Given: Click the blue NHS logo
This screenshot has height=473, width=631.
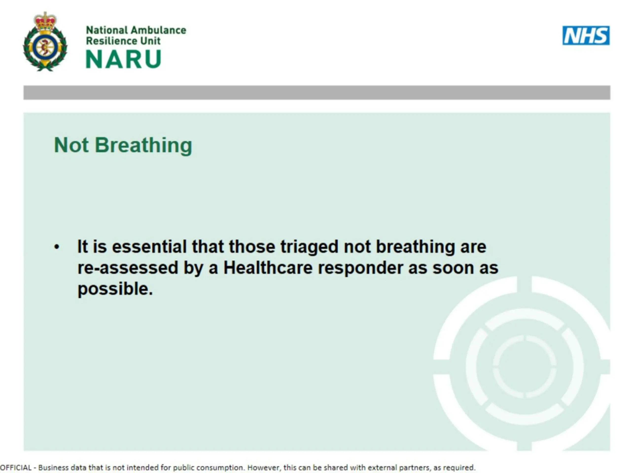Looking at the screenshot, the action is pyautogui.click(x=586, y=35).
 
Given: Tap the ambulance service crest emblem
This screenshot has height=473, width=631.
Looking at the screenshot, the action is pyautogui.click(x=45, y=42).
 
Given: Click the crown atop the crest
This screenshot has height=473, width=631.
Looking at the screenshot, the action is pyautogui.click(x=45, y=21).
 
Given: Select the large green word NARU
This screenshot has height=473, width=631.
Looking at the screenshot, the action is pyautogui.click(x=123, y=59).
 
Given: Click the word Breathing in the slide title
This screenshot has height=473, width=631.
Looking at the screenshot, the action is pyautogui.click(x=143, y=145).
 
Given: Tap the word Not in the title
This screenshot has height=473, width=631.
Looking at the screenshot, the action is pyautogui.click(x=71, y=145).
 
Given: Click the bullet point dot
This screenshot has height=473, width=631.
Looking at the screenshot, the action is pyautogui.click(x=57, y=247).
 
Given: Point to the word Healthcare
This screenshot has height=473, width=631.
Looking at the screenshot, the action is pyautogui.click(x=268, y=268).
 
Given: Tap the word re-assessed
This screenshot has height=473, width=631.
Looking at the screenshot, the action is pyautogui.click(x=127, y=268).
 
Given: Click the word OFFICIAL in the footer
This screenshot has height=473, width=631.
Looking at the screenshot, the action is pyautogui.click(x=16, y=468).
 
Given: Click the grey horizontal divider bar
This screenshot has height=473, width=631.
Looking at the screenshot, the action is pyautogui.click(x=317, y=93).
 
